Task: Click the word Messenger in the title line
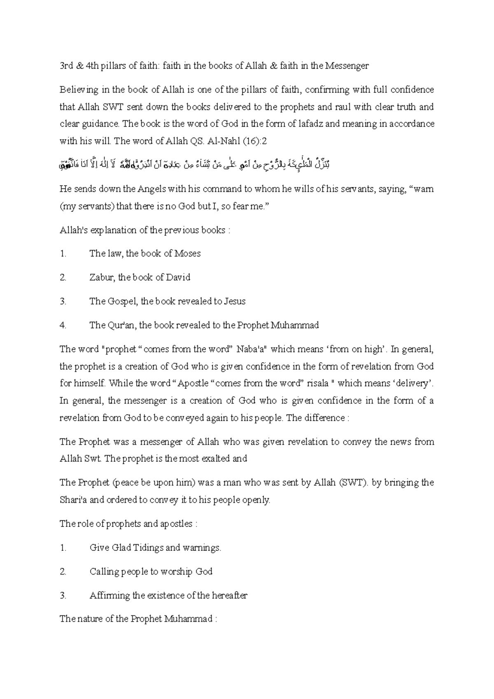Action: (347, 66)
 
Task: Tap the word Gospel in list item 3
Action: (122, 301)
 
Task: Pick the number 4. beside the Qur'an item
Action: (63, 325)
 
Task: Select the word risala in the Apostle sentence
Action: (318, 383)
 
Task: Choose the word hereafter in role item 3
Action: (229, 596)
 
